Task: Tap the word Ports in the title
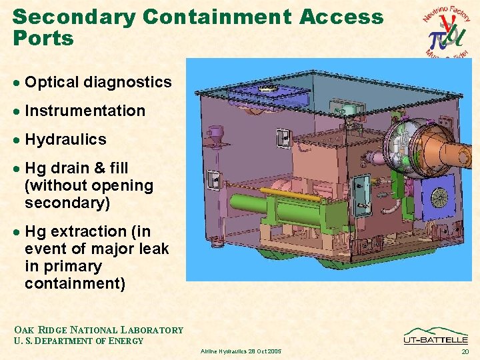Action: pyautogui.click(x=43, y=39)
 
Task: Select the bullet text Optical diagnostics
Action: pyautogui.click(x=98, y=82)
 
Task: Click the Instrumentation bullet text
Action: pyautogui.click(x=85, y=111)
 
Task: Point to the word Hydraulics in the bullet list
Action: pyautogui.click(x=65, y=139)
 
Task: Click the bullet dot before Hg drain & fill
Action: pyautogui.click(x=17, y=169)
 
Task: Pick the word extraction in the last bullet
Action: pyautogui.click(x=83, y=231)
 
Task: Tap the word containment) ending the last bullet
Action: pyautogui.click(x=75, y=283)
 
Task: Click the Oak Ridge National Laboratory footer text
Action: pyautogui.click(x=98, y=330)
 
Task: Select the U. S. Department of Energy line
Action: pyautogui.click(x=78, y=341)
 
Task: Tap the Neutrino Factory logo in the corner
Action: pyautogui.click(x=447, y=31)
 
